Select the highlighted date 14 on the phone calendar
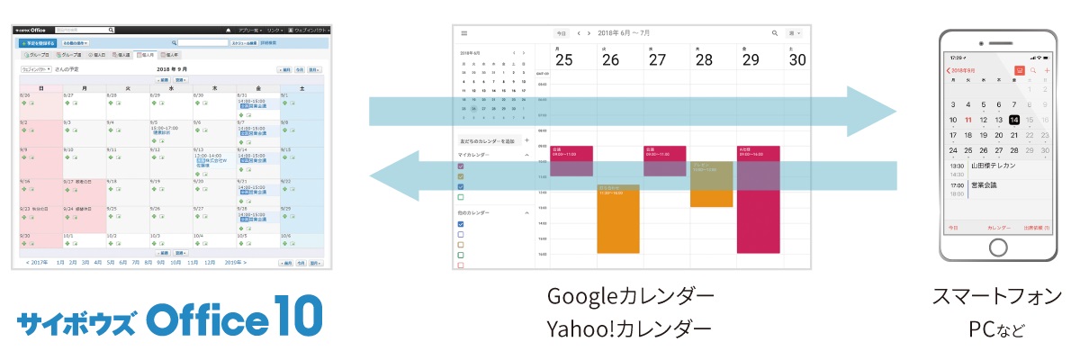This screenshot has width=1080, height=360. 1014,120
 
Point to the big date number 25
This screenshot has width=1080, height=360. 563,59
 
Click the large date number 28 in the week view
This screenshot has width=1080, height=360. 704,59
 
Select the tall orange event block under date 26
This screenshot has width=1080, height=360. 617,220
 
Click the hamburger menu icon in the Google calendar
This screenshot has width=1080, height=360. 464,33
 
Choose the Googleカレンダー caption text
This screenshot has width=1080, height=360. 630,296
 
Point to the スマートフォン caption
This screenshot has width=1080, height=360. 996,296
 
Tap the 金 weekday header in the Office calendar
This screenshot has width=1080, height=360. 257,88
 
